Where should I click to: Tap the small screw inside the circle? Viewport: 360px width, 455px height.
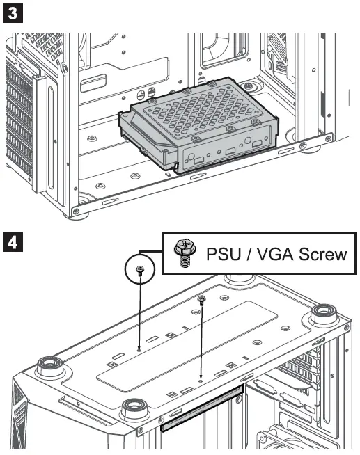(x=140, y=271)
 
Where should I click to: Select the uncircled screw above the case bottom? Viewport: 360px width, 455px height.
(x=202, y=300)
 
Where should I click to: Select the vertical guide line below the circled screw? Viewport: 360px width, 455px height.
(x=140, y=313)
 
